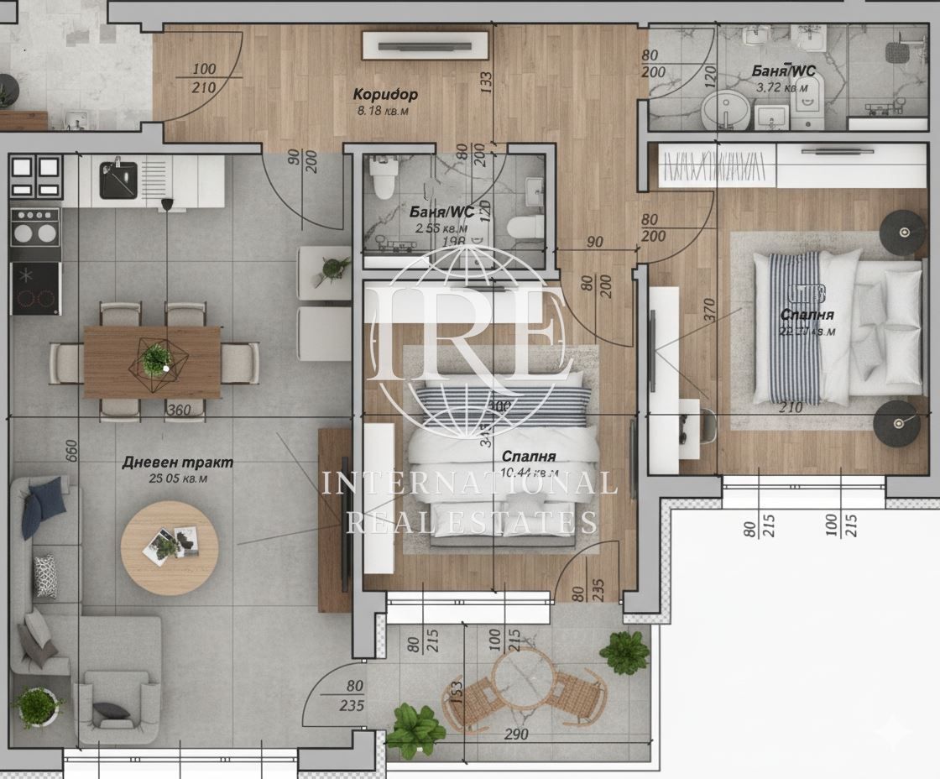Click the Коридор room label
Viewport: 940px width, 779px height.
pos(384,94)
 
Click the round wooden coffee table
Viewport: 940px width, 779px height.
pos(170,548)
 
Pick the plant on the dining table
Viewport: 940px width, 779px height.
pos(156,358)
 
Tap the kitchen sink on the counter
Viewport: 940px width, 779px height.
pos(118,180)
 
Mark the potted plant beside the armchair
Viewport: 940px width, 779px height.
pos(37,706)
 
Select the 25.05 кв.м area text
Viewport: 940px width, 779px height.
pos(177,478)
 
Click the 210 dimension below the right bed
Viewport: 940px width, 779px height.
pos(791,408)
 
